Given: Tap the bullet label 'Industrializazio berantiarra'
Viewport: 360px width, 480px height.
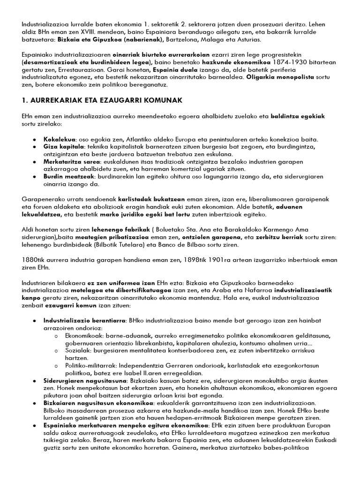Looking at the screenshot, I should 84,321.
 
